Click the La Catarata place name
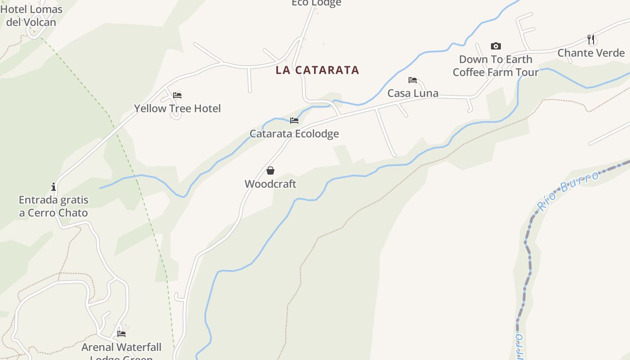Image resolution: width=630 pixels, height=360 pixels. (317, 70)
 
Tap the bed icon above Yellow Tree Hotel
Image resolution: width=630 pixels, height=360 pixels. (177, 95)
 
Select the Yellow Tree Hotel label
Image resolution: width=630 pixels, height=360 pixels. (177, 108)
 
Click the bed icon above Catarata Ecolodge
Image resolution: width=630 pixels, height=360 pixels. (294, 121)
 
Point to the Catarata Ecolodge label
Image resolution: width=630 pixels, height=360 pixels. (294, 134)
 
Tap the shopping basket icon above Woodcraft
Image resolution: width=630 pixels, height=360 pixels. (270, 171)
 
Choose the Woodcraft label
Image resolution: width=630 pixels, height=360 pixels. (270, 184)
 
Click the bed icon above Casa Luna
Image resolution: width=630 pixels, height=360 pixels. (413, 80)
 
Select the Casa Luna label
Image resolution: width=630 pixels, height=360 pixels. (413, 93)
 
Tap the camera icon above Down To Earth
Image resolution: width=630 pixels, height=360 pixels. (495, 46)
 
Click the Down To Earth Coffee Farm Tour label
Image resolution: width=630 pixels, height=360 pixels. (495, 66)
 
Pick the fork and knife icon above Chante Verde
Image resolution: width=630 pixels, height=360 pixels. (591, 40)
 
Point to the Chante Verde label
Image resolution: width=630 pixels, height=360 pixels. (591, 53)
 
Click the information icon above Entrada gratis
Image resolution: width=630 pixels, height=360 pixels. (54, 186)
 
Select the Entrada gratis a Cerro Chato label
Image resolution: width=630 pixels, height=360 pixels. (54, 206)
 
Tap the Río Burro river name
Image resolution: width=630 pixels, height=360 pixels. (568, 191)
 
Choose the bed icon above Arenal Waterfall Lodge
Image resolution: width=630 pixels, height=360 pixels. (121, 334)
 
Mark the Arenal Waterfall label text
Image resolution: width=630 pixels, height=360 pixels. (121, 347)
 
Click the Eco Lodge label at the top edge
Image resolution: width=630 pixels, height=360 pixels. (316, 3)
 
